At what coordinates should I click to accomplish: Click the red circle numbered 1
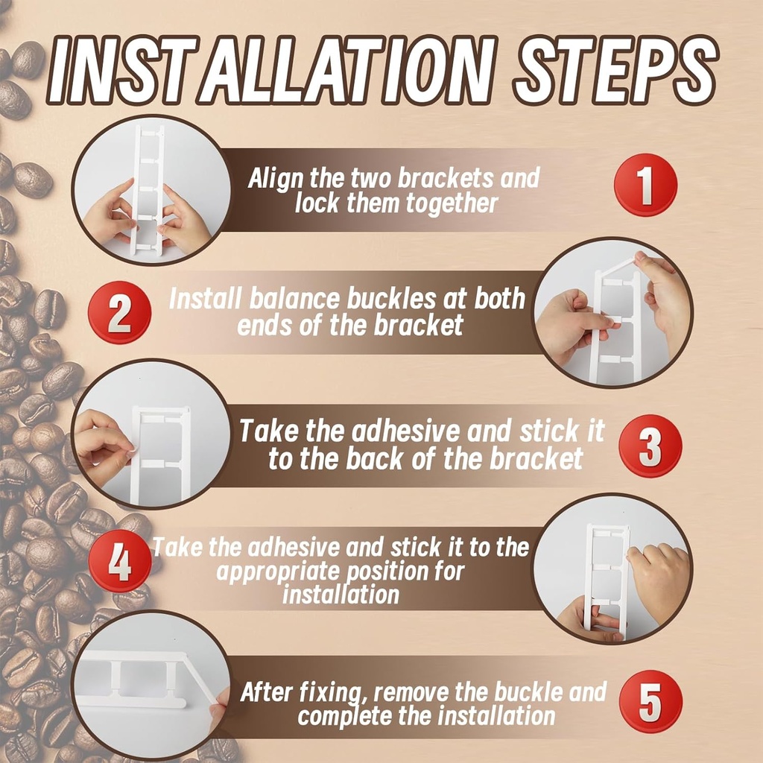point(645,185)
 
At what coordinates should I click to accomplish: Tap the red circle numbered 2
point(119,312)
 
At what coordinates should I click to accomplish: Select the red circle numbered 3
point(650,445)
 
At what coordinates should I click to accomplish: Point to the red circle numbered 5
point(650,702)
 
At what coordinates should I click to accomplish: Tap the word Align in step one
point(275,179)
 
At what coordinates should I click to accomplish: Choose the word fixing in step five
point(332,692)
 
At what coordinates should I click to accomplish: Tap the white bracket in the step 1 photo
point(148,190)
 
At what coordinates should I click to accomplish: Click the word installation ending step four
point(341,595)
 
